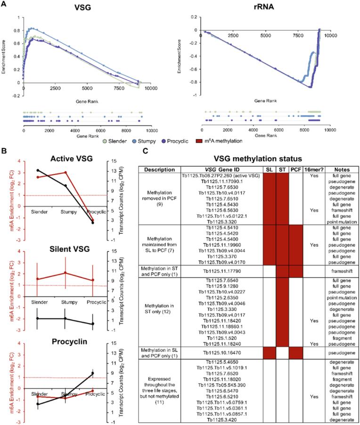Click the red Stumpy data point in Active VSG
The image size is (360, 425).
tap(65, 173)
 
